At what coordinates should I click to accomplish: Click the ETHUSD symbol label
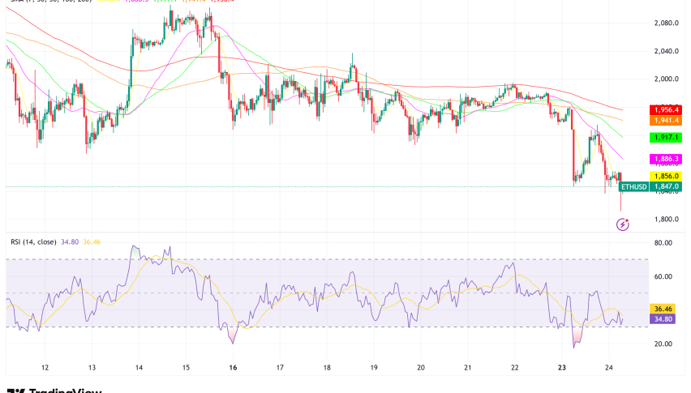coord(634,186)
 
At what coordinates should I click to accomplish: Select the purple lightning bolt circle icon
coord(622,224)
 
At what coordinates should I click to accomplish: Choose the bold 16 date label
coord(233,367)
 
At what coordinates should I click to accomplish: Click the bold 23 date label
coord(563,367)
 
